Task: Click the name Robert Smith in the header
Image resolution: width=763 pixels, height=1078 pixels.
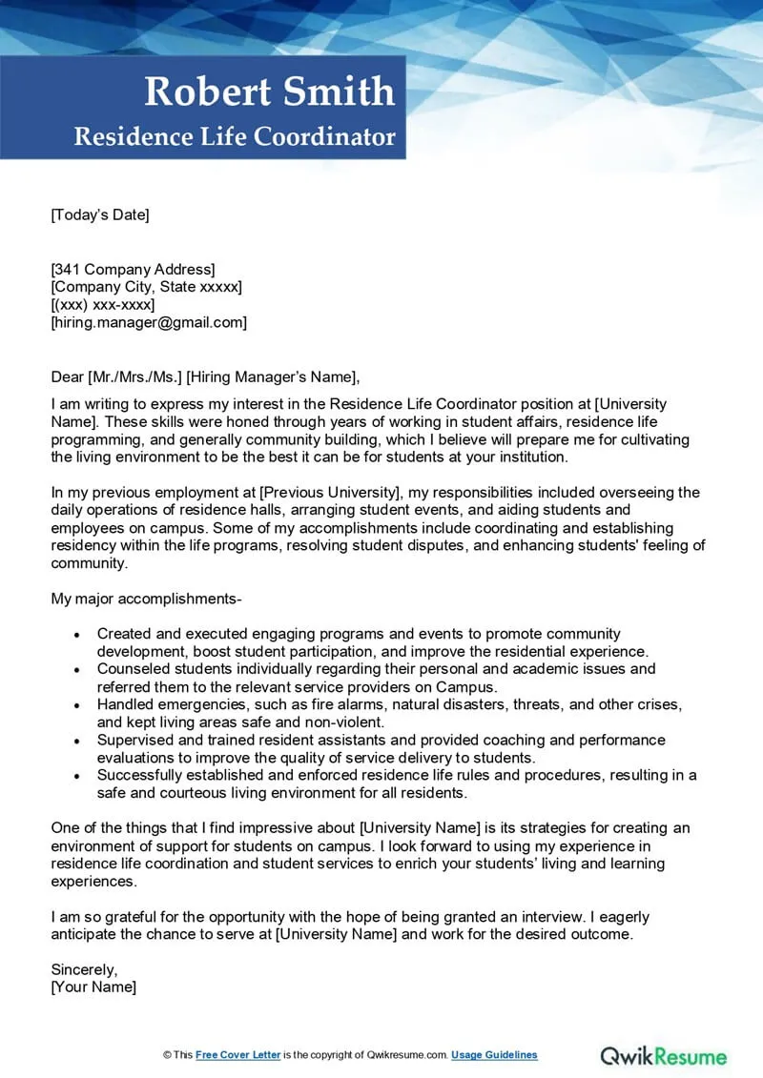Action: click(x=269, y=92)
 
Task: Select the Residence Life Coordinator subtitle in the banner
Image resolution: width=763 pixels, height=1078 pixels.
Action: click(x=235, y=136)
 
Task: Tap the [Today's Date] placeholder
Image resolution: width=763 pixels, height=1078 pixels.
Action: click(x=100, y=214)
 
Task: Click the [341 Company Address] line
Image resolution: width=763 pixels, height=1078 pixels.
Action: click(x=133, y=269)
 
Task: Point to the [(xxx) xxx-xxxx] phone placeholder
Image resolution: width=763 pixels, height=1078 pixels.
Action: click(x=103, y=305)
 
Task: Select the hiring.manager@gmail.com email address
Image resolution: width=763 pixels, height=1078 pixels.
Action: click(x=149, y=322)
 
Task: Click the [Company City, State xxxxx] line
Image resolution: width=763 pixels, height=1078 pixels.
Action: click(x=146, y=287)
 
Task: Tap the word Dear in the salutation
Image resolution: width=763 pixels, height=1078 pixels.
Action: click(x=68, y=376)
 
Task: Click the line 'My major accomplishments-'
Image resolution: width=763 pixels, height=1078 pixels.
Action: click(x=147, y=599)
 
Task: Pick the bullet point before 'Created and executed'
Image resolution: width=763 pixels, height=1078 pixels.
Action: click(x=77, y=635)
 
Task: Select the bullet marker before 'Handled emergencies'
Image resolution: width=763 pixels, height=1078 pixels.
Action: click(x=77, y=705)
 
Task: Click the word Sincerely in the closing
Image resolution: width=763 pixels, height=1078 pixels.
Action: click(x=84, y=969)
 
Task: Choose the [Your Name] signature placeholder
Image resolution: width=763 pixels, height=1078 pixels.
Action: click(x=93, y=986)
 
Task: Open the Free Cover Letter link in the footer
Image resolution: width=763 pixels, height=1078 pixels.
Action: click(x=237, y=1055)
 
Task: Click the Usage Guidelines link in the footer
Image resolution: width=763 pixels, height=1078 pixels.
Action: click(x=494, y=1055)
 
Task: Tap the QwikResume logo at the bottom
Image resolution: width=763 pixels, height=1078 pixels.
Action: click(x=663, y=1055)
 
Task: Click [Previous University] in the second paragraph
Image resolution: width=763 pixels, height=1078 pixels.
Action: click(x=328, y=493)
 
